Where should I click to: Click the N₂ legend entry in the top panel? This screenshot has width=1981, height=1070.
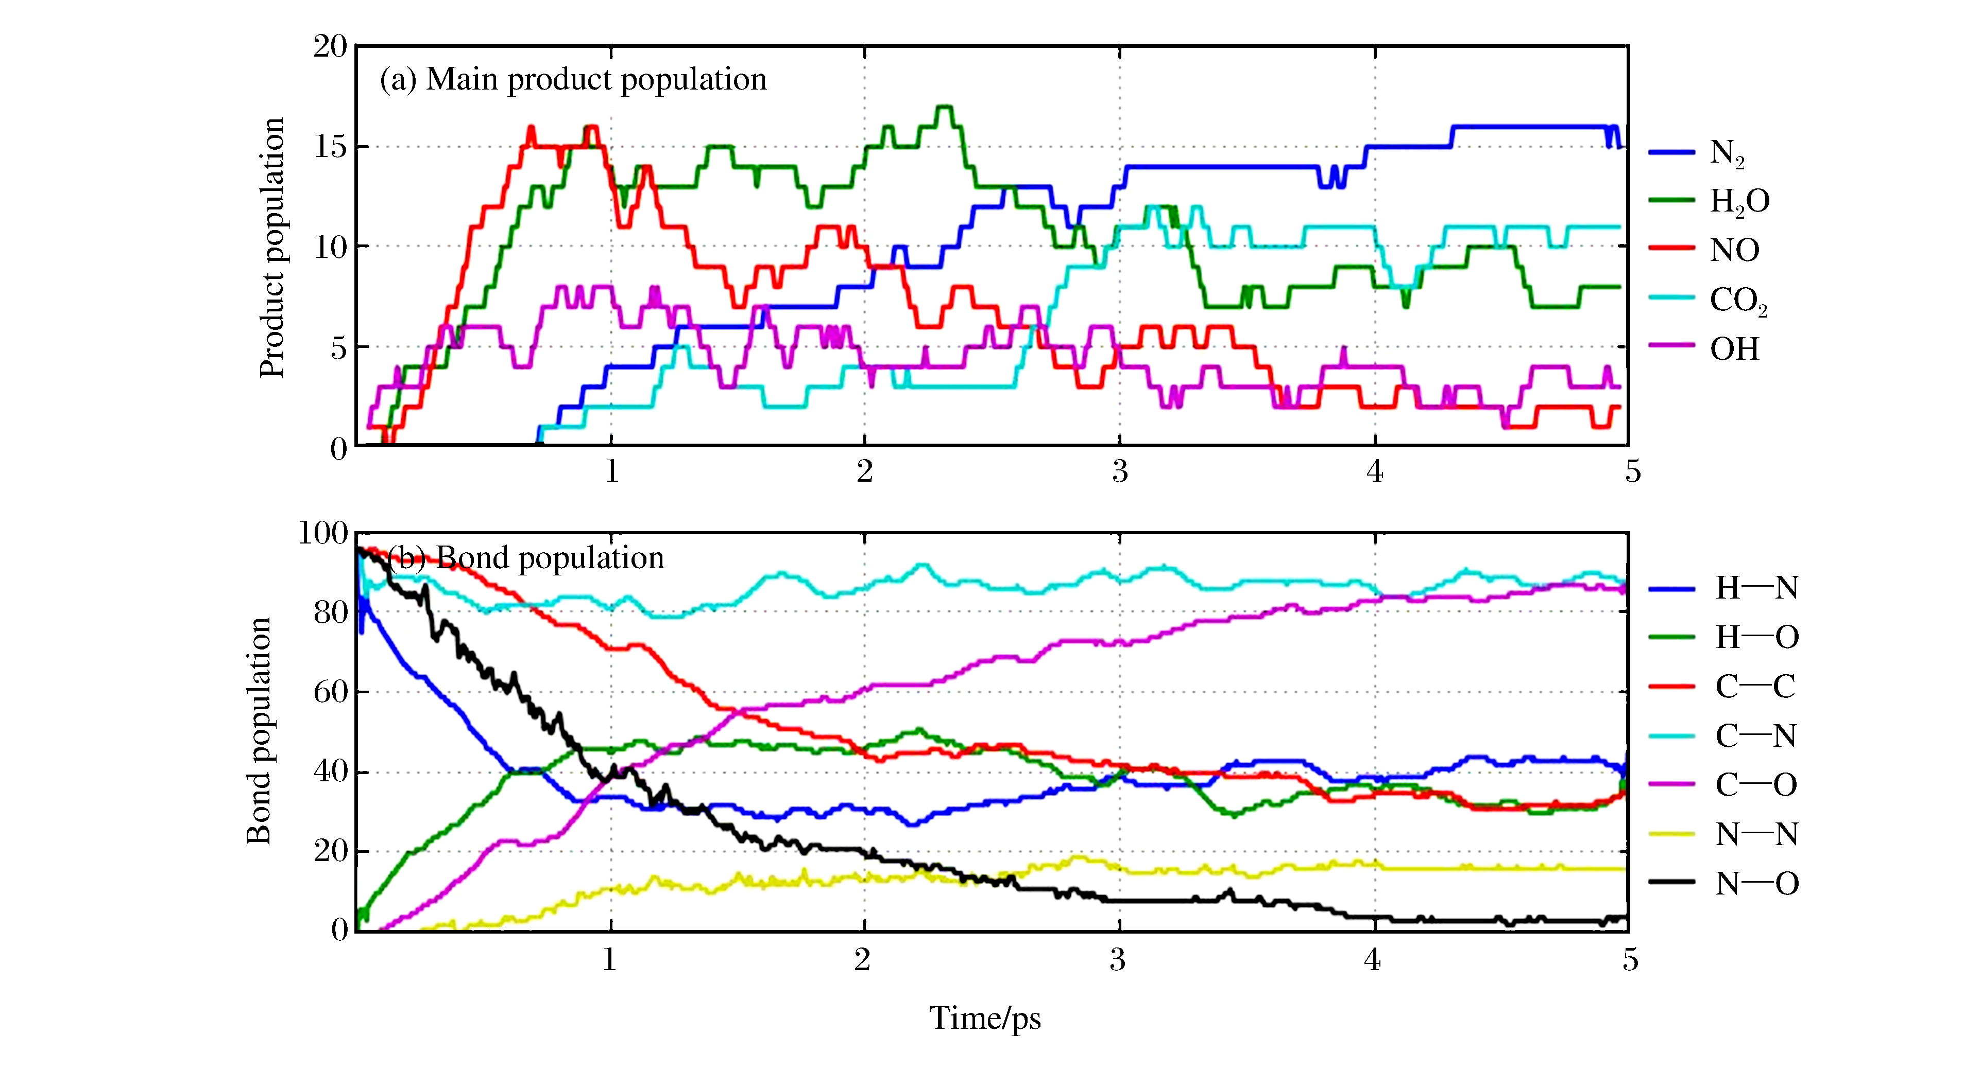tap(1727, 152)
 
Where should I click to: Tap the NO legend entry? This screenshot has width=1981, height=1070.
tap(1734, 250)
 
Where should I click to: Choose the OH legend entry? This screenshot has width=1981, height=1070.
tap(1734, 349)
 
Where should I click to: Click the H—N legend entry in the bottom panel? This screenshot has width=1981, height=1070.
tap(1756, 588)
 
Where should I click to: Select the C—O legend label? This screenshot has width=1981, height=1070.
tap(1756, 785)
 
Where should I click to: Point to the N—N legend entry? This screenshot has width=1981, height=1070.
tap(1756, 834)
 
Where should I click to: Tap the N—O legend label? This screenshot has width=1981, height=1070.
tap(1756, 883)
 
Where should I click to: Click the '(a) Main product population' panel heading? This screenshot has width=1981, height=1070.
tap(573, 79)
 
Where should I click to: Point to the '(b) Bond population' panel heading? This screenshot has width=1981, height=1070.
tap(526, 558)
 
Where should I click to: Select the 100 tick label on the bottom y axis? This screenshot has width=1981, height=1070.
tap(323, 532)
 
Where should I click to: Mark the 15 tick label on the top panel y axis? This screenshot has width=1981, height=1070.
tap(331, 146)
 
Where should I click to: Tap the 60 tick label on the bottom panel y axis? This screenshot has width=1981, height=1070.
tap(331, 692)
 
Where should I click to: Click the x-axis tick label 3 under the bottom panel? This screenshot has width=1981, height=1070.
tap(1117, 959)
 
